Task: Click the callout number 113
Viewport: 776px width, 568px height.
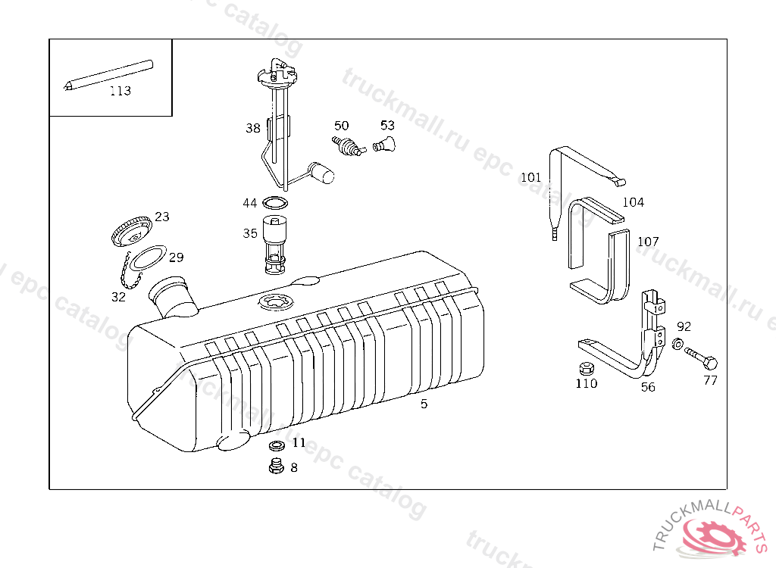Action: click(120, 91)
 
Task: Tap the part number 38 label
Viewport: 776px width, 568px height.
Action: click(252, 128)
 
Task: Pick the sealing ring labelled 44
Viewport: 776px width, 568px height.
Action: click(275, 202)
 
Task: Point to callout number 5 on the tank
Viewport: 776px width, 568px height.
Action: click(424, 404)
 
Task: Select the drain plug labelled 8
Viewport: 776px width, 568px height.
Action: click(276, 466)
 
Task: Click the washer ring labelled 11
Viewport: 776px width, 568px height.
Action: click(277, 445)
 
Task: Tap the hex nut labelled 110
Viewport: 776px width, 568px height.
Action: click(584, 369)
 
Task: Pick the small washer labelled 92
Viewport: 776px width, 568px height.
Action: click(677, 345)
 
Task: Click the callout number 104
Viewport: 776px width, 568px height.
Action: click(633, 202)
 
